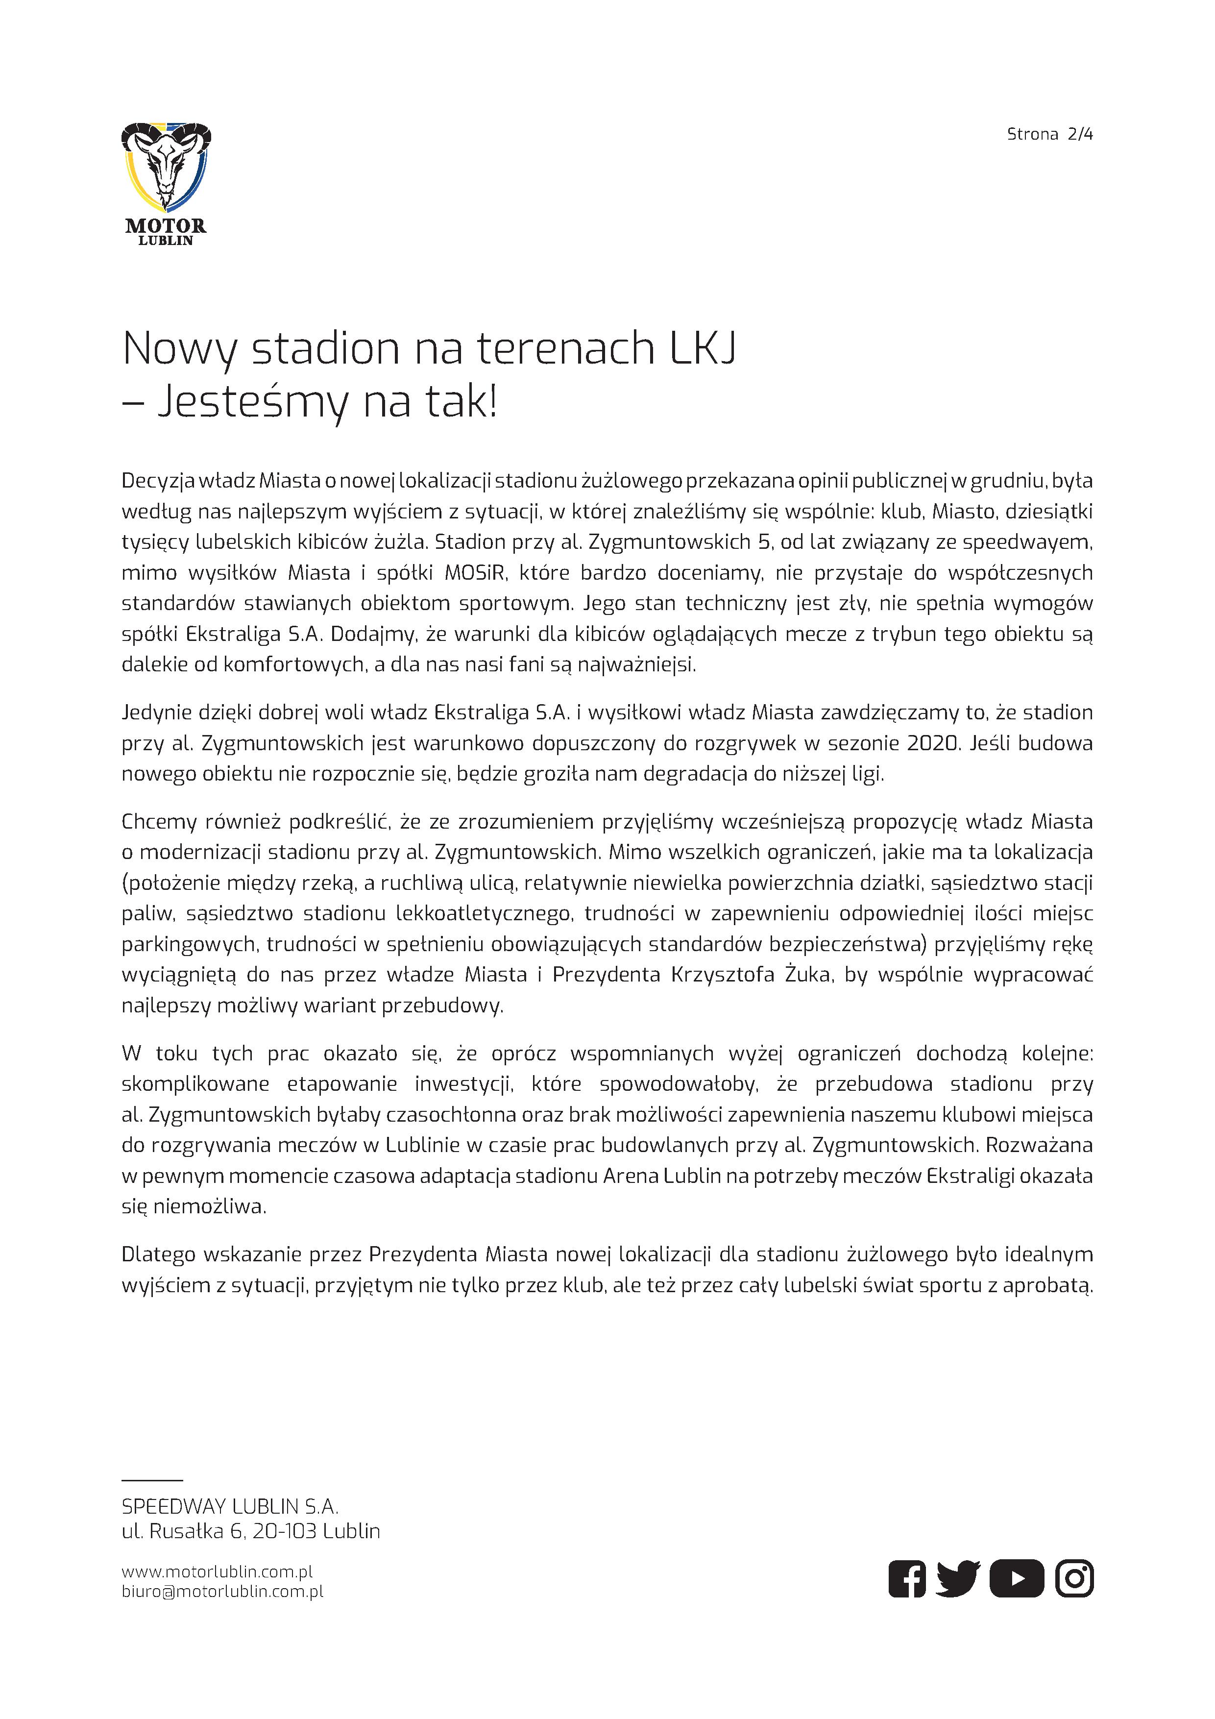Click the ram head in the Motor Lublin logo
[x=166, y=166]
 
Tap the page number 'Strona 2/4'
[x=1049, y=135]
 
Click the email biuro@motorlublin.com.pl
[x=222, y=1591]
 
